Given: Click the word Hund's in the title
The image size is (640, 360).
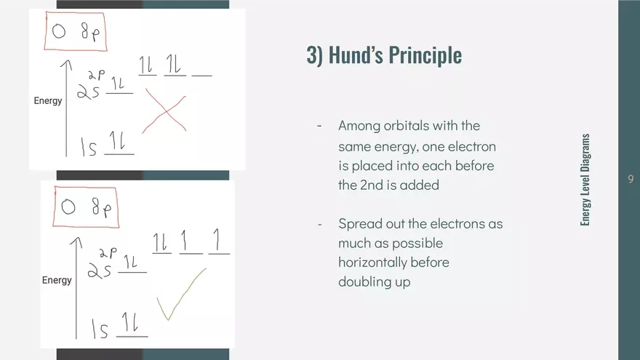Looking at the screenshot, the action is point(355,55).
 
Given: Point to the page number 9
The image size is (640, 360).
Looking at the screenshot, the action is point(631,179).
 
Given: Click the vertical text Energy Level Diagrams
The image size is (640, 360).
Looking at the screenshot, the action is point(585,180).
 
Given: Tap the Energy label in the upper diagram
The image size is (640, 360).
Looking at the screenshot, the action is point(48,101).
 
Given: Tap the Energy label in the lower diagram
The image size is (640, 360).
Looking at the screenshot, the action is point(57,281).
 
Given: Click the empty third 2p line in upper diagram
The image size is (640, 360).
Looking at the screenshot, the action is point(201,76).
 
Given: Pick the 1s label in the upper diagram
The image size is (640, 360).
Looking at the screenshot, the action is point(89,148).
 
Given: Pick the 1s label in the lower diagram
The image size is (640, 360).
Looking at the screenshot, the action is point(100,329).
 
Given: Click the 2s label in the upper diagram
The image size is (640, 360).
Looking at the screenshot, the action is point(88,92).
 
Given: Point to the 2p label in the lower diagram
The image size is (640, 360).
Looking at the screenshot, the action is point(108,252).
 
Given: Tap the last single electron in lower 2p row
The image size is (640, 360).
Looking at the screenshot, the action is point(217,239).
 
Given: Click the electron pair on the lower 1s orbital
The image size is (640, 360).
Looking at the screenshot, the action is point(130,322).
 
